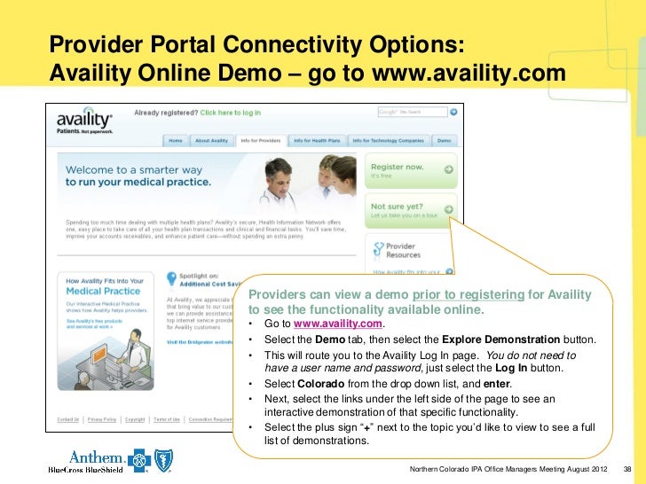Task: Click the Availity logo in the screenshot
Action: [86, 120]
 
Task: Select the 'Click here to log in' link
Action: [230, 113]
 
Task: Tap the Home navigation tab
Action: [176, 140]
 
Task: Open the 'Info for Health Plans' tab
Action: [317, 140]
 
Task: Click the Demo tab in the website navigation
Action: [444, 140]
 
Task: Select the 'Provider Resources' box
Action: [411, 251]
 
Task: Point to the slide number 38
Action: [628, 468]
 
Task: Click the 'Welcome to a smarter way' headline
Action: [134, 170]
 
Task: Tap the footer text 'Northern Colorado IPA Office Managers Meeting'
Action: [497, 468]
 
